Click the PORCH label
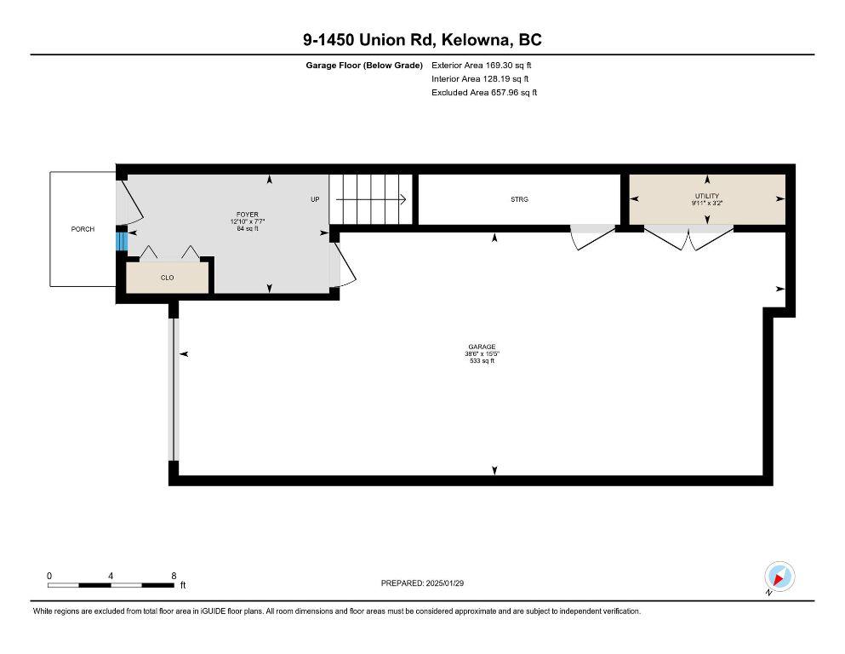83,229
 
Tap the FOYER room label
248,215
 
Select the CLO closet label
167,278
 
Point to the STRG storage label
519,199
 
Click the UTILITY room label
707,196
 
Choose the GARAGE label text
482,347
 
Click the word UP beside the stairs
315,199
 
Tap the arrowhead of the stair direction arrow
403,199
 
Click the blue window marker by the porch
122,241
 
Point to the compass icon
779,577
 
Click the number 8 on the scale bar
174,576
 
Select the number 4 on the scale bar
111,576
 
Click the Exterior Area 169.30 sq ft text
482,66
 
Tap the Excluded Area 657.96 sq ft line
484,92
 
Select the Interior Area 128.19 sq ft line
480,78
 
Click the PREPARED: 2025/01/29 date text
422,582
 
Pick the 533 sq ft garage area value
482,361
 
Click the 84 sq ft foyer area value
248,228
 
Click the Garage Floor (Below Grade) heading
364,66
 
